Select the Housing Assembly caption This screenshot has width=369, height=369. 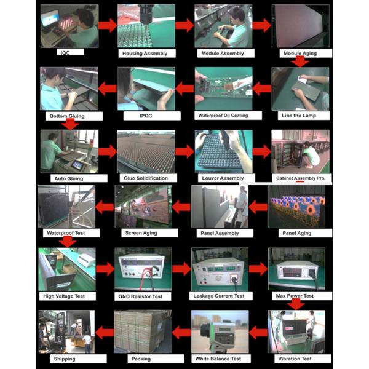pyautogui.click(x=145, y=54)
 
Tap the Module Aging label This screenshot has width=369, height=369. pyautogui.click(x=300, y=54)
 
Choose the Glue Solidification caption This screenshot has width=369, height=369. pyautogui.click(x=145, y=178)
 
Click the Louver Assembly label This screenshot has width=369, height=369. pyautogui.click(x=223, y=178)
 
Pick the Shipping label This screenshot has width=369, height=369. pyautogui.click(x=65, y=359)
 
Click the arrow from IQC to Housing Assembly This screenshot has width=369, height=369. pyautogui.click(x=108, y=25)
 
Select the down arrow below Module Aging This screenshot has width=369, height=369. pyautogui.click(x=300, y=61)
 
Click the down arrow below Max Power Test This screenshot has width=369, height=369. pyautogui.click(x=296, y=304)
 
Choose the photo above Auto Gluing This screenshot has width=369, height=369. pyautogui.click(x=69, y=151)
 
